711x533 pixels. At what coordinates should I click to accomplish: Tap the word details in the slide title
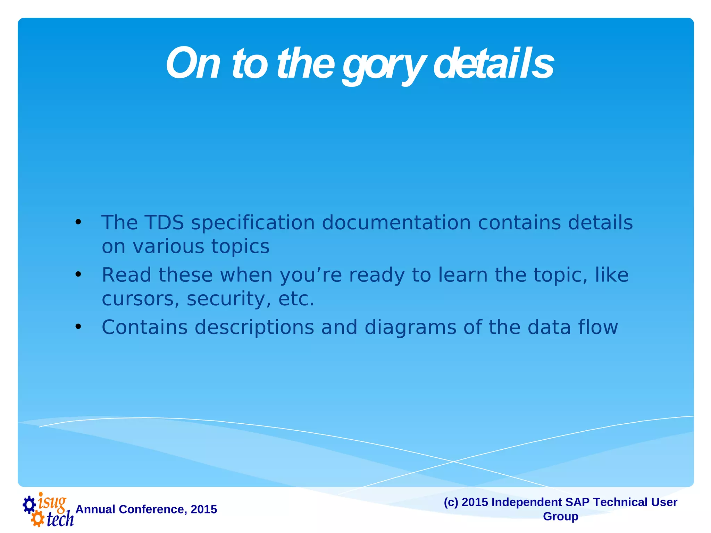[x=493, y=64]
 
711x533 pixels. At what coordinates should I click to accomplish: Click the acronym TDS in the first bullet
[x=164, y=222]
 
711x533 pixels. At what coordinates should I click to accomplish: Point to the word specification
[x=253, y=223]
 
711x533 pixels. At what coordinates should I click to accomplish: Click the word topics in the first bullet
[x=240, y=247]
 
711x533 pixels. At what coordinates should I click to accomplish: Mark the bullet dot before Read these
[x=78, y=274]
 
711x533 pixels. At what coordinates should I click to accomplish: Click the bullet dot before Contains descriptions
[x=78, y=327]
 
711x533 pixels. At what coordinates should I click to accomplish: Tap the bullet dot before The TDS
[x=78, y=222]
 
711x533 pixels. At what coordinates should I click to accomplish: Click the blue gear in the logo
[x=29, y=505]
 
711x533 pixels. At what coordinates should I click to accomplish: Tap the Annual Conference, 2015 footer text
[x=146, y=509]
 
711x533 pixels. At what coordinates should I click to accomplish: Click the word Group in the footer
[x=560, y=516]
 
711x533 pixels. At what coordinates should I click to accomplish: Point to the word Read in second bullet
[x=126, y=275]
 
